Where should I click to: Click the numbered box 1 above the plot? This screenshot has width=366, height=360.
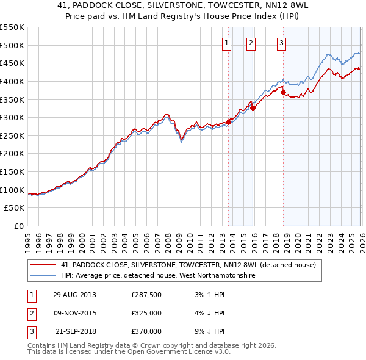226,43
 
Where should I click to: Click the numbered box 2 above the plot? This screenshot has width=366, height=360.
251,43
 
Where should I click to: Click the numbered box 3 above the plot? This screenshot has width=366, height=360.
281,43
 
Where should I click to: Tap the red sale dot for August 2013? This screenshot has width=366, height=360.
229,122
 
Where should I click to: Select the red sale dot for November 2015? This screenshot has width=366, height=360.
253,109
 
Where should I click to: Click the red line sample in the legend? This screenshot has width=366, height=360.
43,265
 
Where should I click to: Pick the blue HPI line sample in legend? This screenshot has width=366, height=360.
43,276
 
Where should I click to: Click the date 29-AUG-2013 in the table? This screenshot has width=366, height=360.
74,295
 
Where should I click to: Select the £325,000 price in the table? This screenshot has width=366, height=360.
146,313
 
